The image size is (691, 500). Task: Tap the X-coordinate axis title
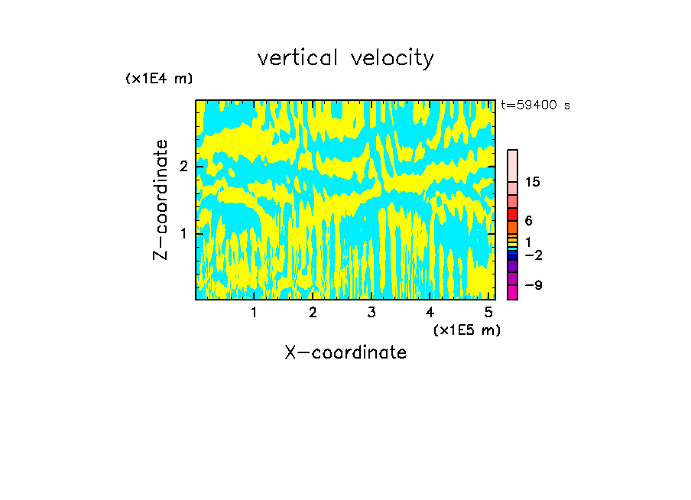click(345, 352)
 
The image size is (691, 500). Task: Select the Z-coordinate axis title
click(161, 200)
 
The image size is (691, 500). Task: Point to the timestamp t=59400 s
click(535, 106)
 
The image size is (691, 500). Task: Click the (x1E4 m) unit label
click(159, 79)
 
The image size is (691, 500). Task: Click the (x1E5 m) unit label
click(466, 330)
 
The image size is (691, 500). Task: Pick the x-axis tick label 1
click(254, 312)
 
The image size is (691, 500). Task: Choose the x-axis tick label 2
click(313, 312)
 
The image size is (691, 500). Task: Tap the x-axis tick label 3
click(371, 312)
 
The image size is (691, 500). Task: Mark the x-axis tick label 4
click(430, 312)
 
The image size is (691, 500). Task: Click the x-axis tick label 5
click(488, 312)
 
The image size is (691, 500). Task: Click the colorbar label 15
click(533, 182)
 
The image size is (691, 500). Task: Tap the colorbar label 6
click(528, 221)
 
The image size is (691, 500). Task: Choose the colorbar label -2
click(533, 255)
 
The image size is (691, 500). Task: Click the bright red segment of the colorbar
click(512, 214)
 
